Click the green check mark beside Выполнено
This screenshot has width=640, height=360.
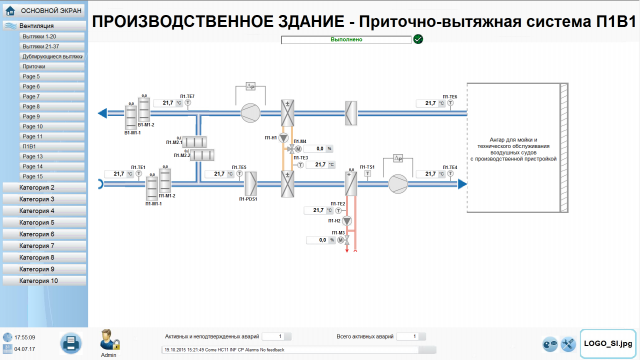point(418,40)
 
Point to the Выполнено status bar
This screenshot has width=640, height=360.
point(346,40)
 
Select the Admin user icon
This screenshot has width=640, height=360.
point(109,339)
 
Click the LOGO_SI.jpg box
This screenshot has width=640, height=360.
point(606,343)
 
